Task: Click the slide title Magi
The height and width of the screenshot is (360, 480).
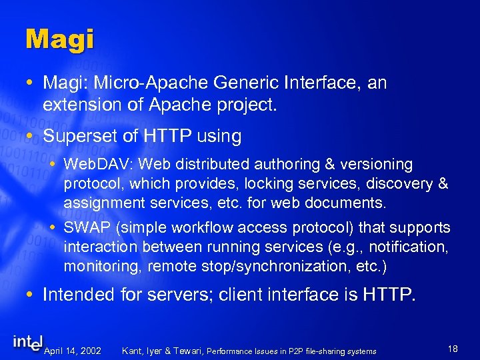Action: (x=59, y=39)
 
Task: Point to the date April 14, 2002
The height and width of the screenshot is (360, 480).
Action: (x=73, y=351)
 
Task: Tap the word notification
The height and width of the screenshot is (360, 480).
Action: (x=407, y=247)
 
